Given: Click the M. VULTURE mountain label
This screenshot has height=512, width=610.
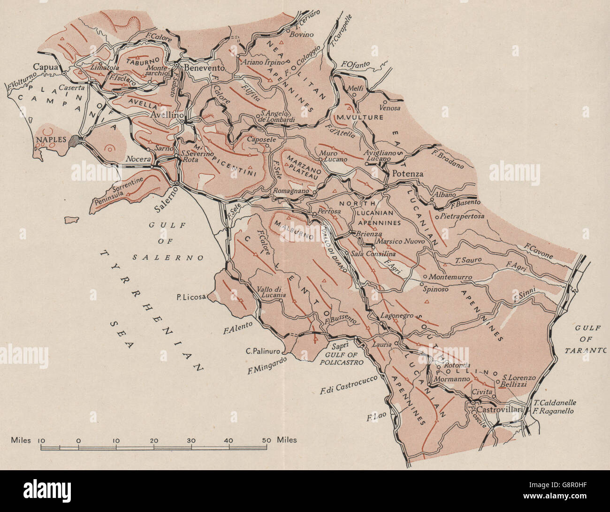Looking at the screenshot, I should [x=358, y=117].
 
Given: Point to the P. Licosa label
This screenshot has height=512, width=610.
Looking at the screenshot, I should [x=191, y=297].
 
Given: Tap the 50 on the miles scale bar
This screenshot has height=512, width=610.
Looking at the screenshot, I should [x=266, y=440].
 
